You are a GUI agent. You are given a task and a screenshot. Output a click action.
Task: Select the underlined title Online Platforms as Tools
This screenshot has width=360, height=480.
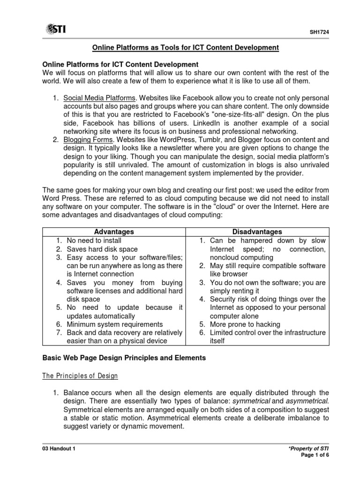185,47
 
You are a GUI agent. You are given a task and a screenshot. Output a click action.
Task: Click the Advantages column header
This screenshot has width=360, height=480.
114,232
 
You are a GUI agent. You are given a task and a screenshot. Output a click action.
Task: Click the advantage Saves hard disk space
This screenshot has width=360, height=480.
102,249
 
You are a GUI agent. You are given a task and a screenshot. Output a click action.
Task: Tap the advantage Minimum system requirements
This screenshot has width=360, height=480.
115,324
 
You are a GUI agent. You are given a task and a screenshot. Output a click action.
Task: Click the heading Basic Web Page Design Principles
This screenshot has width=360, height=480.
124,358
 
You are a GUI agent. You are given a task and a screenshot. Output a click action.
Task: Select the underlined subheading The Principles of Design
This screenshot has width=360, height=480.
80,376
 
